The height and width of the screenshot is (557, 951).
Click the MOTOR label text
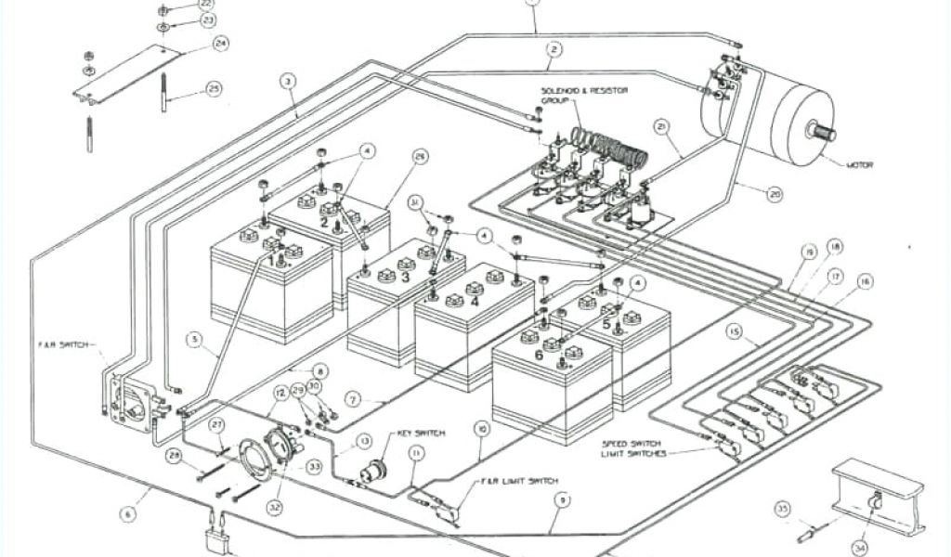(861, 165)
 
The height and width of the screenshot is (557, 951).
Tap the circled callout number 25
(214, 89)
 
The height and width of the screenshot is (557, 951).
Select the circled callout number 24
(220, 43)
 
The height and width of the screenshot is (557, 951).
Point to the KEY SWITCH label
(422, 434)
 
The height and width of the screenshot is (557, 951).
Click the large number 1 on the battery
(273, 261)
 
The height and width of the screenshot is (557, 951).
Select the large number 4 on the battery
(475, 301)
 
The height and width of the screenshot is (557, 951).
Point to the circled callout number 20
(775, 194)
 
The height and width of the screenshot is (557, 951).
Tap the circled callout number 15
(735, 332)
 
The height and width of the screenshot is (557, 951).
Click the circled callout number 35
(783, 508)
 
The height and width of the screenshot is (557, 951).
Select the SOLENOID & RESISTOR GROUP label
(584, 95)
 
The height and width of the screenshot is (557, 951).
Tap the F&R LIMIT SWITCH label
(519, 481)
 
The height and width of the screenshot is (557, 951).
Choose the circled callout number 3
(289, 82)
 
